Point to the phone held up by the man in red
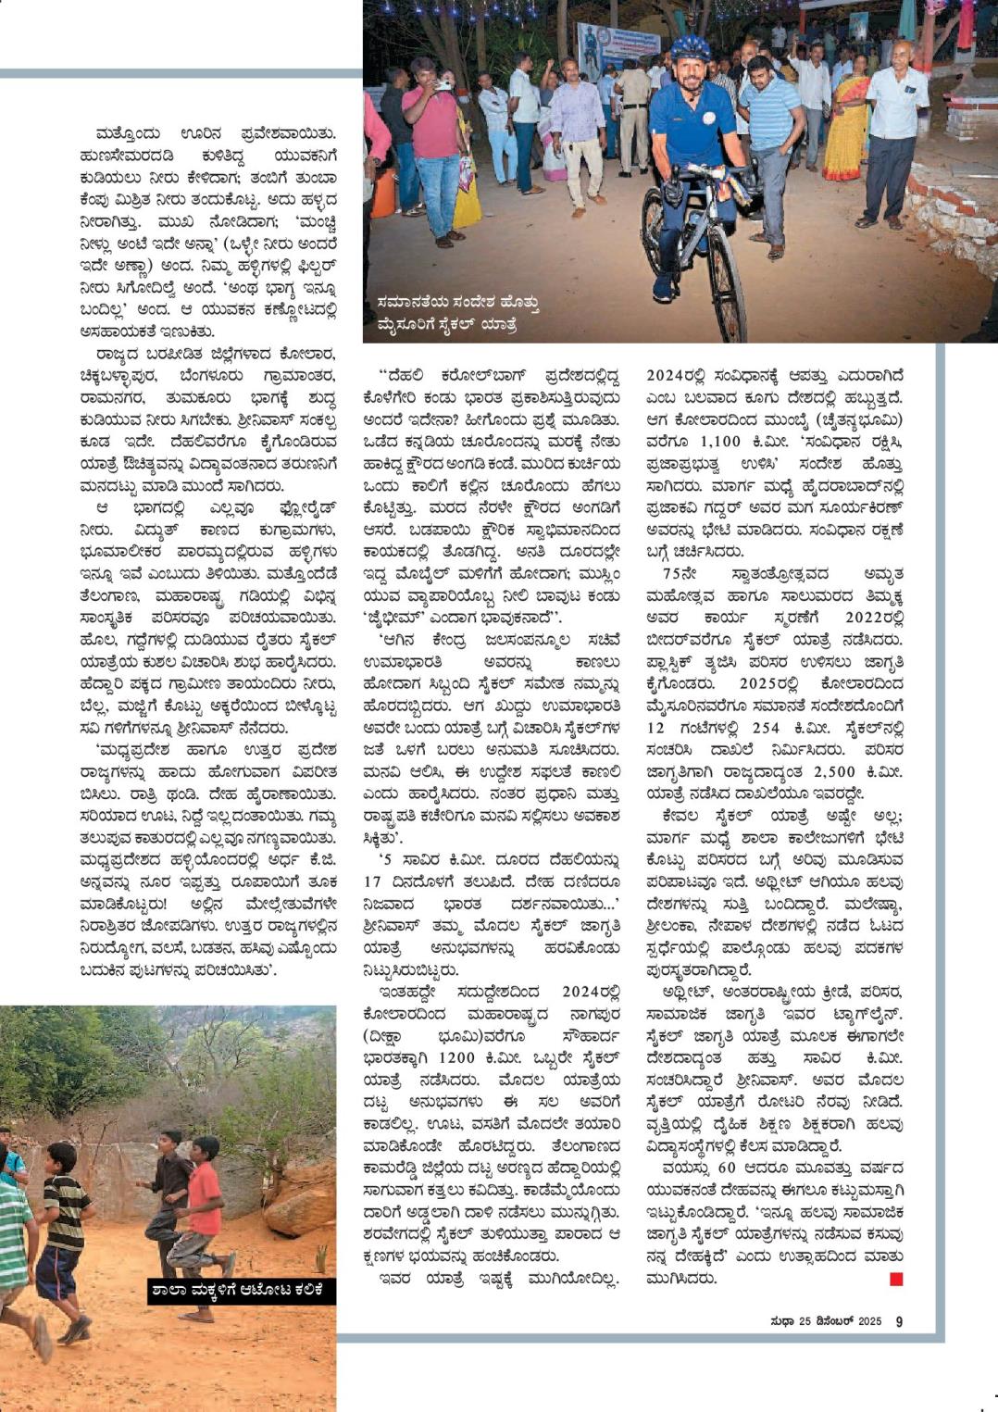click(x=443, y=85)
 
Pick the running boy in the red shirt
click(x=199, y=1204)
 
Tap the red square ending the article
click(x=895, y=1279)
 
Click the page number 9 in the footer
click(x=899, y=1321)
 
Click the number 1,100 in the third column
click(x=722, y=443)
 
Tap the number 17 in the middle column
click(x=373, y=882)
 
